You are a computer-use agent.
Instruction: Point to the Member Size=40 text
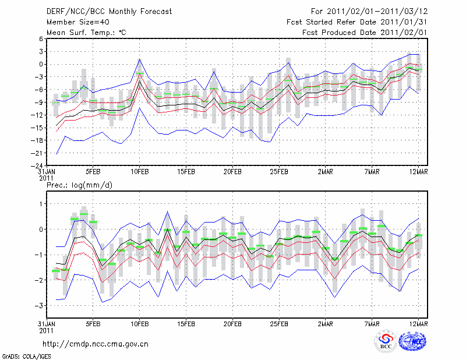coord(74,22)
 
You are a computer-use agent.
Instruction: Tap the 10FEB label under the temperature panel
coord(139,172)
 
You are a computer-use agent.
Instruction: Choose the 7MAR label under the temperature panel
coord(372,172)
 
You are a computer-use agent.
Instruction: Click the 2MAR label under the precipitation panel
coord(326,324)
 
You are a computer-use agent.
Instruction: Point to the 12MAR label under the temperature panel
coord(418,172)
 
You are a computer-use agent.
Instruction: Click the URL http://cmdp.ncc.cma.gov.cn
coord(96,344)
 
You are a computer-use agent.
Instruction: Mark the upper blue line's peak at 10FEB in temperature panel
coord(140,59)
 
